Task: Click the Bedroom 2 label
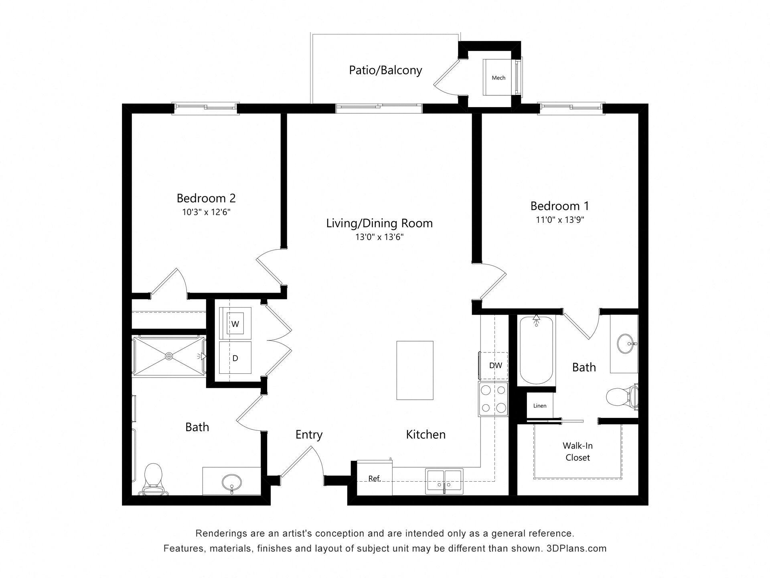(206, 198)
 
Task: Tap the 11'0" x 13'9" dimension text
(560, 220)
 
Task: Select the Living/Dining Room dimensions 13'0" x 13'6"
(379, 237)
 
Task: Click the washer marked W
(235, 324)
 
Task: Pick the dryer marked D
(235, 358)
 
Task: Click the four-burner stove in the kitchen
(493, 399)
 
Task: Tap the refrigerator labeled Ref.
(374, 478)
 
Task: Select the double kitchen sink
(444, 481)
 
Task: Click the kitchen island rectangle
(415, 370)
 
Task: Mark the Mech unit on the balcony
(498, 77)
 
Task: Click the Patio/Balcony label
(385, 70)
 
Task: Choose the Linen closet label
(539, 406)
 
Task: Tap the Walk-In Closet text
(577, 452)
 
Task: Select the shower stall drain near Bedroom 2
(169, 356)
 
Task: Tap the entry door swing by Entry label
(303, 462)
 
